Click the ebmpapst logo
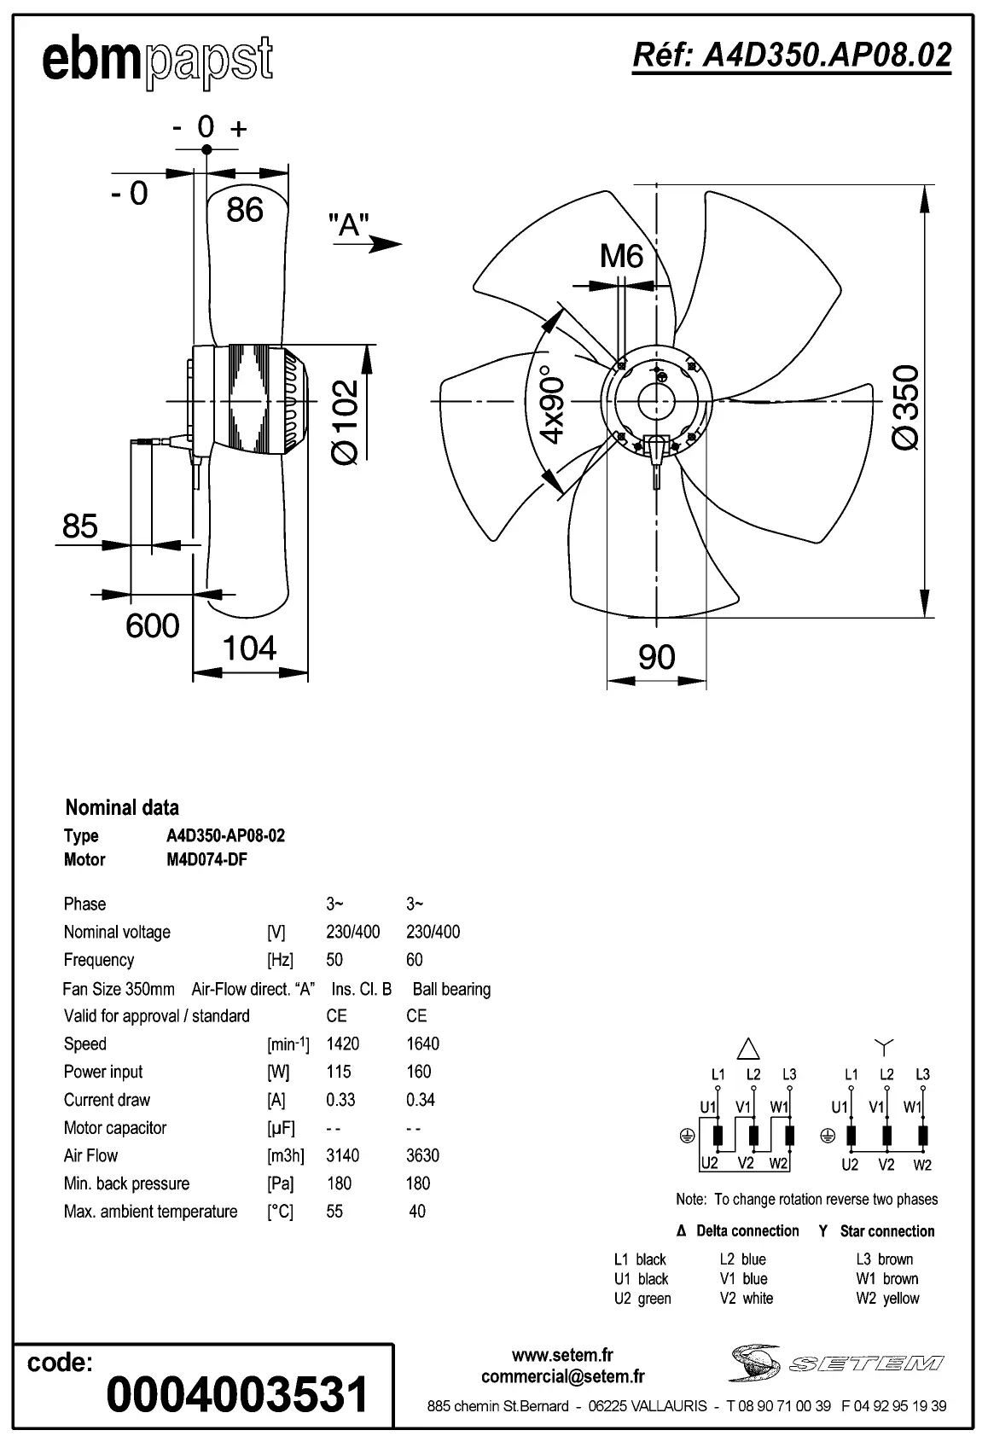click(157, 61)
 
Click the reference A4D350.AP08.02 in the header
click(791, 55)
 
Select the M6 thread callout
click(621, 256)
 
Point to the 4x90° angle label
click(553, 406)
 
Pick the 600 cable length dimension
click(152, 626)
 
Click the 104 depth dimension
click(249, 649)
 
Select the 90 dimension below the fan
click(656, 658)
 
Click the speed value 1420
click(343, 1044)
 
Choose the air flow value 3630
click(422, 1155)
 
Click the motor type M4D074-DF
click(206, 859)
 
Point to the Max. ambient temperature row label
click(150, 1212)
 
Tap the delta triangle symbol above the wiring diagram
click(747, 1049)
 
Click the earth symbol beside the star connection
click(826, 1136)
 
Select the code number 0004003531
click(237, 1394)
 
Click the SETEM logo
click(836, 1363)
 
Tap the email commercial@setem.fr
click(562, 1376)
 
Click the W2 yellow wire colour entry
click(887, 1299)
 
